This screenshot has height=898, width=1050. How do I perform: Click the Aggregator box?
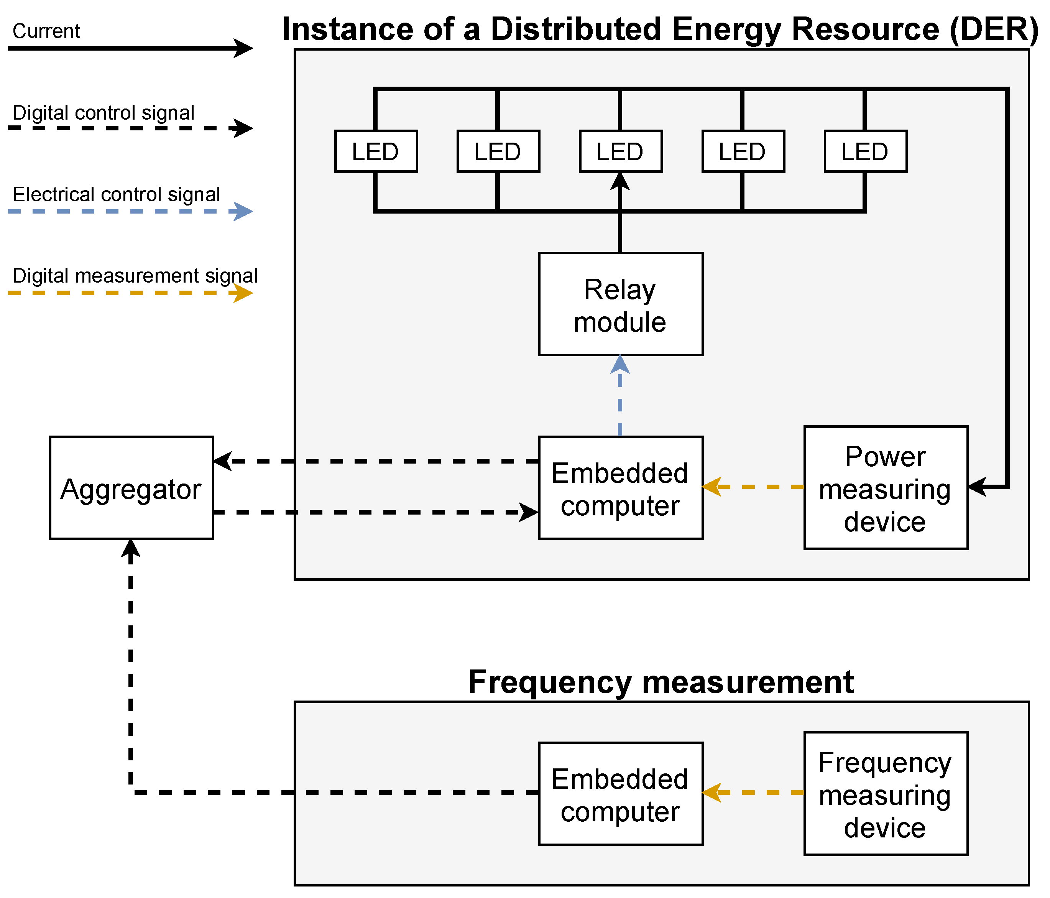point(131,488)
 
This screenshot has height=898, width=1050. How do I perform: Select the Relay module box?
point(620,304)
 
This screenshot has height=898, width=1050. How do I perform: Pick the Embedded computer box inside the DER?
point(620,488)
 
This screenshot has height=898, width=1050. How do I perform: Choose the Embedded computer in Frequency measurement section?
point(620,794)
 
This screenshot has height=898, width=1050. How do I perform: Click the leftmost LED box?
point(376,151)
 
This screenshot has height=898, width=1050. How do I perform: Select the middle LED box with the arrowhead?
point(620,151)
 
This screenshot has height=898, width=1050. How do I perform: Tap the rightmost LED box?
point(865,151)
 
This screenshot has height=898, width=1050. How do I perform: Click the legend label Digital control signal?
point(104,112)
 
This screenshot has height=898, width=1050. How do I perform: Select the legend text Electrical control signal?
point(116,195)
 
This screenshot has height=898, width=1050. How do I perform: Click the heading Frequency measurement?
point(661,682)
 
